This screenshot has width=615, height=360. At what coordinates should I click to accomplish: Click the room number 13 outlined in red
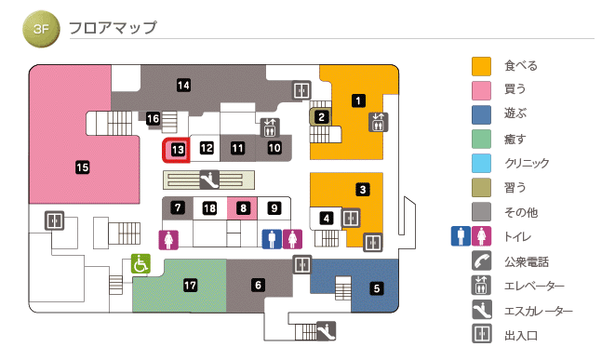point(178,148)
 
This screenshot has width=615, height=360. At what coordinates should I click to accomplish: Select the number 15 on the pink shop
point(82,167)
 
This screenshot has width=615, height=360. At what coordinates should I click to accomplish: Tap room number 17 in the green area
point(191,285)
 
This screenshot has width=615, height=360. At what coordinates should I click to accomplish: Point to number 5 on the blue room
point(377,288)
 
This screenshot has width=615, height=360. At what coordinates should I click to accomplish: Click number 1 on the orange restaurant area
point(357,100)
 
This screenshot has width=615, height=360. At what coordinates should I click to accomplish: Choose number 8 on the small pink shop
point(243,207)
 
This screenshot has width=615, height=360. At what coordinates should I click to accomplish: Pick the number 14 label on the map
point(184,86)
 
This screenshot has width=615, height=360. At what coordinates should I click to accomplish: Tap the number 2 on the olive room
point(321,117)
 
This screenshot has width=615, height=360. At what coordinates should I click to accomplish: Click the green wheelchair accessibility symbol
point(140,264)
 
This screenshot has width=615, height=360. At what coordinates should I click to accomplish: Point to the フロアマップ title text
point(113,28)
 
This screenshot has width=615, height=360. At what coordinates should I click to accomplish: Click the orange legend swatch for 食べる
point(481,66)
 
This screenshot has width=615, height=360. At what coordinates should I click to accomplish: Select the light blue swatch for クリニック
point(481,164)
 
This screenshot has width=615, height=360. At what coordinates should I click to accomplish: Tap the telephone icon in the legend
point(481,261)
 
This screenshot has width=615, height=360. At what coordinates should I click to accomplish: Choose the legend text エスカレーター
point(540,311)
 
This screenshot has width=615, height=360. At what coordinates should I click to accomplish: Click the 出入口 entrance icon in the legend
point(481,335)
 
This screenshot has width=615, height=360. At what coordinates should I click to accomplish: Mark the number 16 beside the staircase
point(154,119)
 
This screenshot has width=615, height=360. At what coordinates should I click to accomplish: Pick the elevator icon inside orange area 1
point(378,121)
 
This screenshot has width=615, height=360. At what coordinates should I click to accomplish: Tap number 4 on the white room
point(327,219)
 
